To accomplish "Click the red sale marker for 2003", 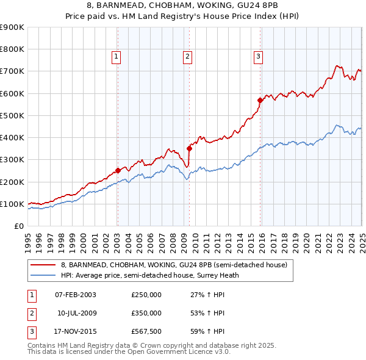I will (118, 171).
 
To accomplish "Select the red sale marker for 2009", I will (189, 148).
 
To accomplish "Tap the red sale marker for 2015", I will (260, 100).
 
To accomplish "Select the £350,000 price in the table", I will (146, 313).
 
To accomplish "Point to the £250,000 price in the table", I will (146, 295).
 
